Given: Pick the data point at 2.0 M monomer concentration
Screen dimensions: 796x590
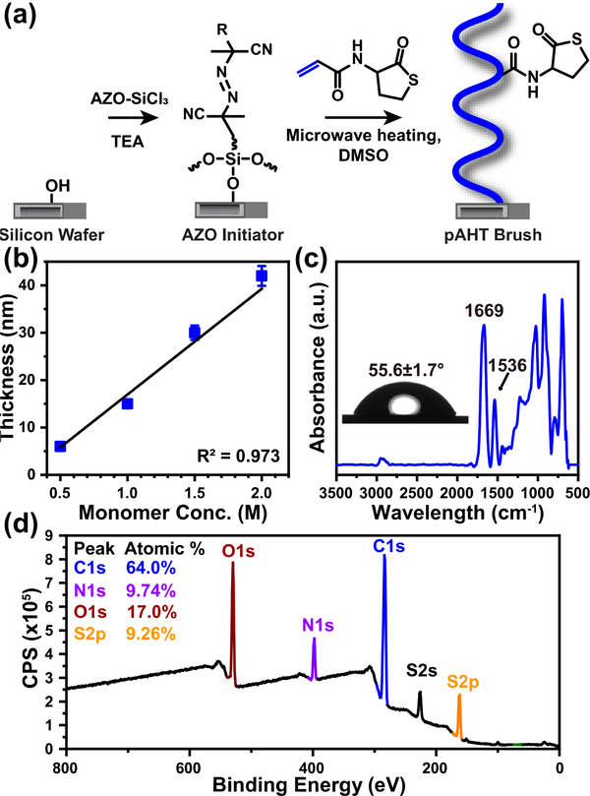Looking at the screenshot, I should click(262, 276).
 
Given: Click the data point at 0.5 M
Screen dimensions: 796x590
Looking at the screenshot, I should click(60, 446).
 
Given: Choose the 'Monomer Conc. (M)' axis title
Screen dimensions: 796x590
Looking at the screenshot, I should click(161, 518).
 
